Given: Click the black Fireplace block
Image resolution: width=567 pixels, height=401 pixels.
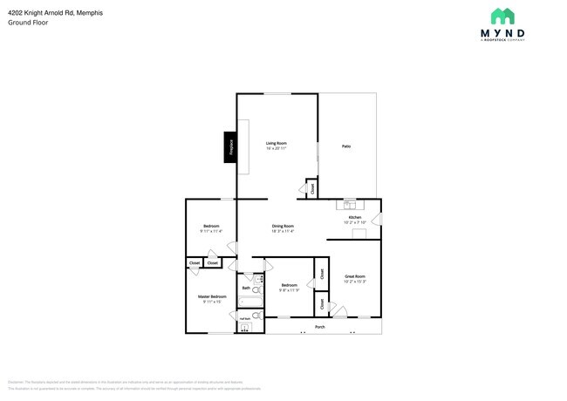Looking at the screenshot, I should coord(230,147).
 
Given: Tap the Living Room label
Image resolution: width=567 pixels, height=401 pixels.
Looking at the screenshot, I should coord(277,143).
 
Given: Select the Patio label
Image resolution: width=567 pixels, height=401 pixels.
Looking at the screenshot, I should coord(345,146).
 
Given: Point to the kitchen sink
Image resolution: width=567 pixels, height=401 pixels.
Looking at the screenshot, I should coord(349,206).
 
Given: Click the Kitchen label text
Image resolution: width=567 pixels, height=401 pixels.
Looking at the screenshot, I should coord(355,217).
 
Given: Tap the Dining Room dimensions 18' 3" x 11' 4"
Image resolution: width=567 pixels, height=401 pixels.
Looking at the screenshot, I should coord(283,231).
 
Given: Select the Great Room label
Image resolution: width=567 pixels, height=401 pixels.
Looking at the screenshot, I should coord(354,276).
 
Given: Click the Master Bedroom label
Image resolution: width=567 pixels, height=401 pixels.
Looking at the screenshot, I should coord(212,296).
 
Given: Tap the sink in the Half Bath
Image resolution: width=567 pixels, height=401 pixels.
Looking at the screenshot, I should coord(245,328).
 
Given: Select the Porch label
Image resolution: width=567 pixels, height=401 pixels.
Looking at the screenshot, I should coord(320,328).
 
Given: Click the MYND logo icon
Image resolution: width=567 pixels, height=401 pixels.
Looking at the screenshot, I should coord(502,17).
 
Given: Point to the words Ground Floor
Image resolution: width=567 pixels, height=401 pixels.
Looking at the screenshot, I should coord(29,22).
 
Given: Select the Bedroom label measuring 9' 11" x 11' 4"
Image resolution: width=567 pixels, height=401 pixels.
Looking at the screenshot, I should coord(211,226).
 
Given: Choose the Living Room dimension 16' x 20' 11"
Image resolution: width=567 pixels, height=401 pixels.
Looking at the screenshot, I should coord(277,148).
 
